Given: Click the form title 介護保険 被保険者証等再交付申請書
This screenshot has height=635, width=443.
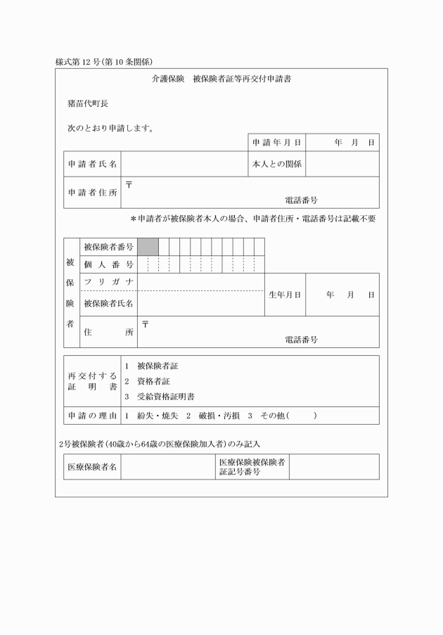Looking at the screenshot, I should pyautogui.click(x=221, y=80).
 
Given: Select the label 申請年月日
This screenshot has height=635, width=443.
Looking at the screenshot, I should pyautogui.click(x=277, y=143).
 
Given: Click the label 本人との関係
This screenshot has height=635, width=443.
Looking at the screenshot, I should pyautogui.click(x=277, y=164).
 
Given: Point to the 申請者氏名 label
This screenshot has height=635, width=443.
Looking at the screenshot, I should pyautogui.click(x=92, y=164).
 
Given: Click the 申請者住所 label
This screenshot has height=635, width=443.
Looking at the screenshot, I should pyautogui.click(x=92, y=193).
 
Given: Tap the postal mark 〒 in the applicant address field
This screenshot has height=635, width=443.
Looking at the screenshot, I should pyautogui.click(x=129, y=185).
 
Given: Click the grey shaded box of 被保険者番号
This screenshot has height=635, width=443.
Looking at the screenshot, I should pyautogui.click(x=148, y=246).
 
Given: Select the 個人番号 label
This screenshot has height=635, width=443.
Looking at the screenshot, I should pyautogui.click(x=108, y=264).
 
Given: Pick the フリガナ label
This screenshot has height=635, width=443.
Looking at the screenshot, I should pyautogui.click(x=108, y=282).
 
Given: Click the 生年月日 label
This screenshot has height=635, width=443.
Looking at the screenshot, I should pyautogui.click(x=285, y=295).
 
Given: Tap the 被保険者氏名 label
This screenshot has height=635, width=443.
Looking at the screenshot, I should pyautogui.click(x=108, y=304).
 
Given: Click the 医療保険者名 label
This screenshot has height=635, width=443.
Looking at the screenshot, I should pyautogui.click(x=92, y=467).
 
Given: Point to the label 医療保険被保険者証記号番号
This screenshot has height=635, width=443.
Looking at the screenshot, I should pyautogui.click(x=251, y=467).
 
